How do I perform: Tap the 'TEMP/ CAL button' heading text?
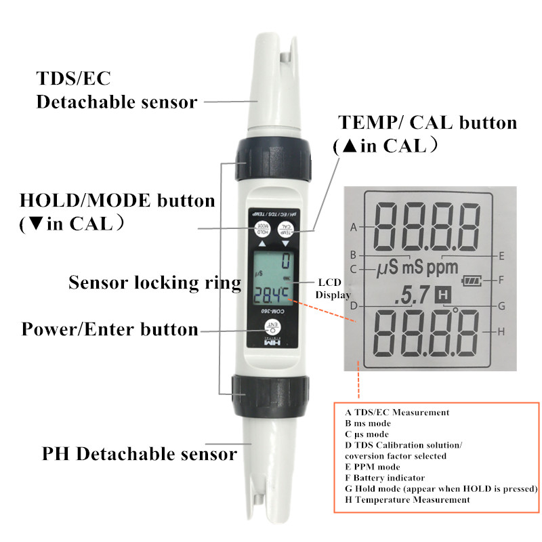coord(428,123)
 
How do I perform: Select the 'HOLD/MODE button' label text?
coord(117,201)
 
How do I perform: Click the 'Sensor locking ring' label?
coord(154,283)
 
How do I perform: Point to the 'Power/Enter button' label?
coord(110,329)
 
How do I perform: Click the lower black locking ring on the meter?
coord(270,391)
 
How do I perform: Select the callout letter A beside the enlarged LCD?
coord(353,227)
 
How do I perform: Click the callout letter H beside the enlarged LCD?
coord(501,332)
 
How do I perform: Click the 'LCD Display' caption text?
coord(333,288)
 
